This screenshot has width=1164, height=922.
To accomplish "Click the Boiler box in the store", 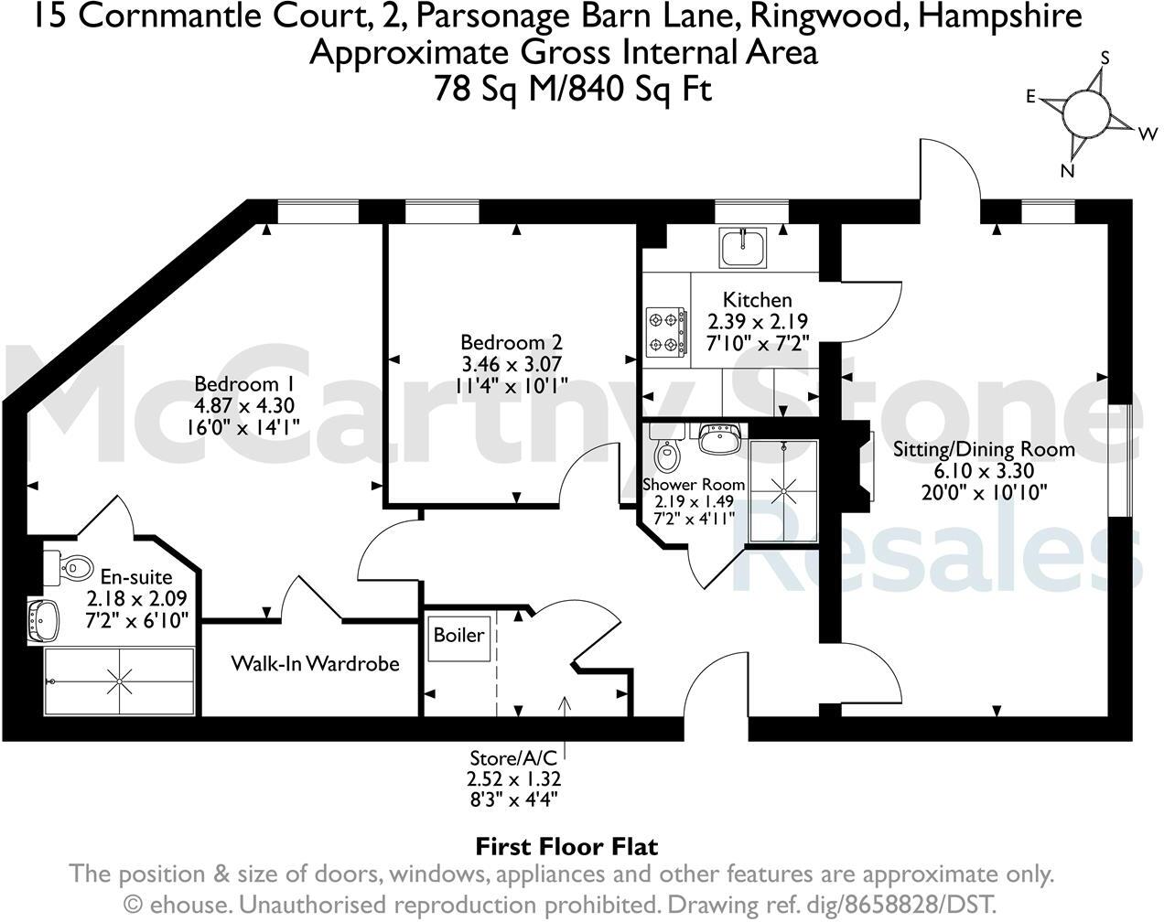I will pyautogui.click(x=458, y=635).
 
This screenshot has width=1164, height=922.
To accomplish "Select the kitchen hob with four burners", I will pyautogui.click(x=666, y=333).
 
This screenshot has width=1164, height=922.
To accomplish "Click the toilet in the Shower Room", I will pyautogui.click(x=667, y=452).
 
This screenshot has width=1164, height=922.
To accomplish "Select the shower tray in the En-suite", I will pyautogui.click(x=119, y=681).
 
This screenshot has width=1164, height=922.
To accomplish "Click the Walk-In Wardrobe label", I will pyautogui.click(x=315, y=663).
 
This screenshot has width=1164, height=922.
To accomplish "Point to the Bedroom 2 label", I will pyautogui.click(x=511, y=342).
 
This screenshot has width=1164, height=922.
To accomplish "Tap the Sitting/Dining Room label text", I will pyautogui.click(x=984, y=449).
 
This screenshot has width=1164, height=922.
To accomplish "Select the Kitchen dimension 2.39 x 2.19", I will pyautogui.click(x=758, y=322).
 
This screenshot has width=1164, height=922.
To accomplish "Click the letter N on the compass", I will pyautogui.click(x=1066, y=171).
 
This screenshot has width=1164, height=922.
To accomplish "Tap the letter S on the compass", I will pyautogui.click(x=1105, y=58).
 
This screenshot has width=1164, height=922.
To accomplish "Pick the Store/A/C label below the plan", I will pyautogui.click(x=512, y=757).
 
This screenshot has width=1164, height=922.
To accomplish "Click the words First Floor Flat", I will pyautogui.click(x=566, y=847).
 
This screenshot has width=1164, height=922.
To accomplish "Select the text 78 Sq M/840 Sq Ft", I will pyautogui.click(x=573, y=89).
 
